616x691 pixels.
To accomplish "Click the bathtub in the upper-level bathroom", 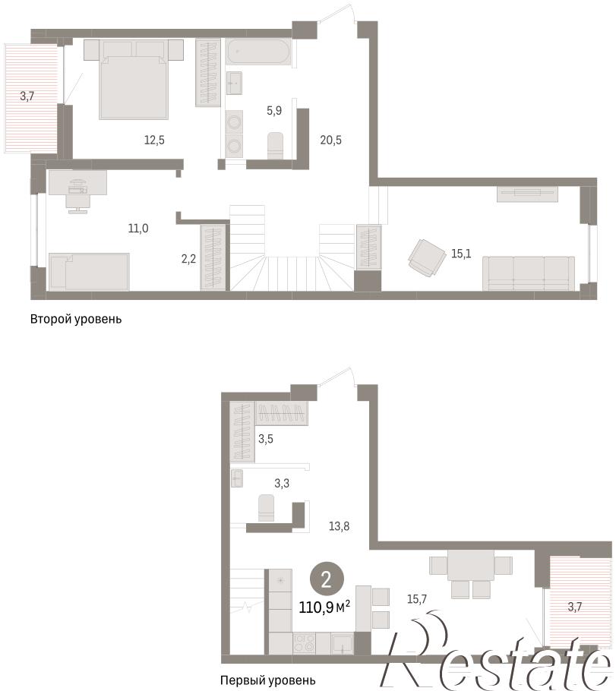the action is (258, 52).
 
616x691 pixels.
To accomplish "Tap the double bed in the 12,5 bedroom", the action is (134, 79).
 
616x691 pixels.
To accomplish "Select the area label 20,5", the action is (330, 140).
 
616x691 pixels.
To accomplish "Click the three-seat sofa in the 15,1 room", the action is (529, 273).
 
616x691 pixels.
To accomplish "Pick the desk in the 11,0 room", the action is (77, 182).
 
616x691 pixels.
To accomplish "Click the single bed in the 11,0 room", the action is (89, 272).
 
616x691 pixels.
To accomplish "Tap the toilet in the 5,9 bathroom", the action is (276, 145).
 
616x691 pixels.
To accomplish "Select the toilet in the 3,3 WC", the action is (267, 508).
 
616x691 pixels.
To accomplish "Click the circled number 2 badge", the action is (327, 579).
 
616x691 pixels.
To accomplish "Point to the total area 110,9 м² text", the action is (324, 607).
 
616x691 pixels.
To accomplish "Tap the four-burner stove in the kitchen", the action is (305, 643).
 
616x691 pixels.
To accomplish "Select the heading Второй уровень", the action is (76, 319).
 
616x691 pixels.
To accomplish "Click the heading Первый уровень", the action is (267, 680).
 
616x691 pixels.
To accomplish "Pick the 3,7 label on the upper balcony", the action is (27, 96).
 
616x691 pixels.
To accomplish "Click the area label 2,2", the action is (188, 259).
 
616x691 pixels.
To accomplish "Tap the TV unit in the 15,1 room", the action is (527, 194).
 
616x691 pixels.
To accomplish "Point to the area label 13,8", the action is (339, 525).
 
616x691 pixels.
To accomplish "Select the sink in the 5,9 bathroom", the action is (234, 83).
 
